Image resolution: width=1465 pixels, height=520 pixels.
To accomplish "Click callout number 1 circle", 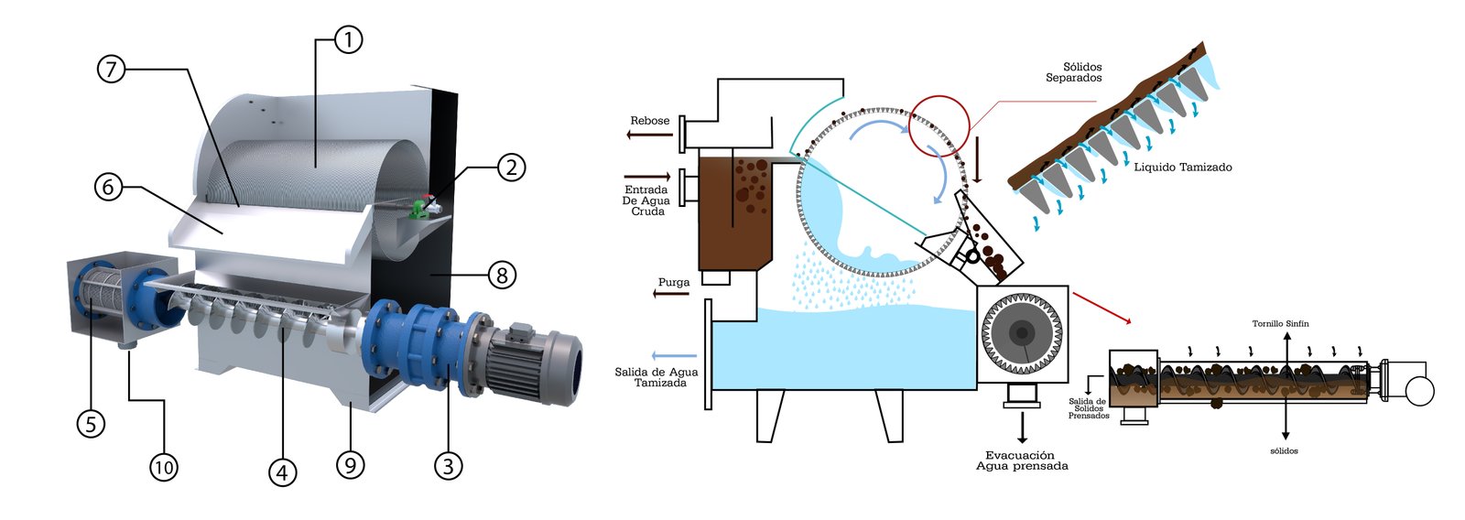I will pos(348,39).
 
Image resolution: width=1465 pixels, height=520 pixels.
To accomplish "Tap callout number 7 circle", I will pos(111,69).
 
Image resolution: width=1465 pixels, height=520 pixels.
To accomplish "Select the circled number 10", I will pos(163,467).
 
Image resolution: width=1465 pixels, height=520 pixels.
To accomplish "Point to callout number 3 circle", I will pos(447,465).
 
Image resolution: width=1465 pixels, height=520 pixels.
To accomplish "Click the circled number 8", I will pos(502,274).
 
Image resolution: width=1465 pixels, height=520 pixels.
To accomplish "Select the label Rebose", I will pos(649,121).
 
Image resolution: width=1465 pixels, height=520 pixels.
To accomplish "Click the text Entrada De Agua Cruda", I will pos(646,200).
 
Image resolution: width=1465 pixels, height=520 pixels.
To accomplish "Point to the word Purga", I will pos(674,282).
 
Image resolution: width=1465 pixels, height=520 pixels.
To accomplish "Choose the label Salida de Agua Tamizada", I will pos(656,377).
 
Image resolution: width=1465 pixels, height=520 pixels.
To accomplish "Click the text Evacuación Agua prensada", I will pos(1021,460).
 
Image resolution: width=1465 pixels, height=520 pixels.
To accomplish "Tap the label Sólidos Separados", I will pos(1076,72).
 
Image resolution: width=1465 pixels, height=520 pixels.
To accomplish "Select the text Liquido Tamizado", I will pos(1182,168).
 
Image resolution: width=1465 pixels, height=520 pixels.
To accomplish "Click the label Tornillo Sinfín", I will pos(1280,324).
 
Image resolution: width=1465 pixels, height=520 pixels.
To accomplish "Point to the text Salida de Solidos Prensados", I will pos(1088,408).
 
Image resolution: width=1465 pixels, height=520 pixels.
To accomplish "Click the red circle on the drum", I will pos(939,125).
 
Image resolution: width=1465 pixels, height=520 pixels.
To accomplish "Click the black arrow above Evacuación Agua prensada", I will pos(1022,428).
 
